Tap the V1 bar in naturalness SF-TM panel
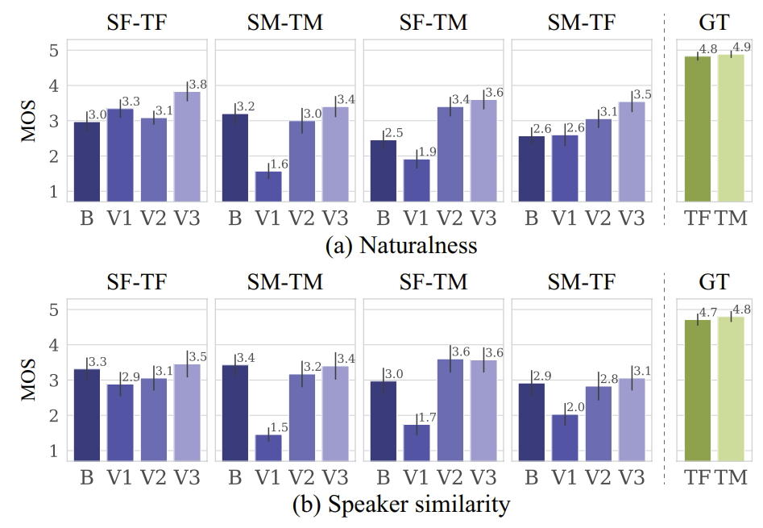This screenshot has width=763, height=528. coord(417,180)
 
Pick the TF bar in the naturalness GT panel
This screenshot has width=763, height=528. coord(698,129)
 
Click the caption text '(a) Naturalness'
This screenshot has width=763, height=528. coord(400,245)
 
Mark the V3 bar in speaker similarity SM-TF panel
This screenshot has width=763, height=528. coord(632,419)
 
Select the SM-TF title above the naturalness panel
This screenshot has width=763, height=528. coord(581,23)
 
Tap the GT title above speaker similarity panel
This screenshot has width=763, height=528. coord(714,281)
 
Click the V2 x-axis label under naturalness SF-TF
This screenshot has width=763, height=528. coord(153,217)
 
